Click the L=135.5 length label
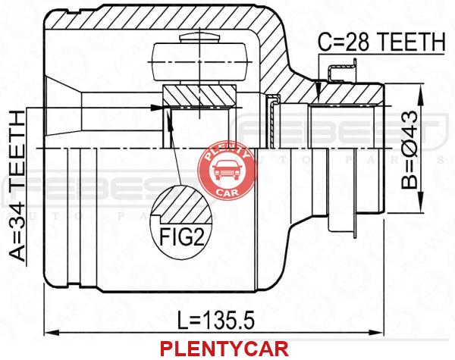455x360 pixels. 211,321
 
